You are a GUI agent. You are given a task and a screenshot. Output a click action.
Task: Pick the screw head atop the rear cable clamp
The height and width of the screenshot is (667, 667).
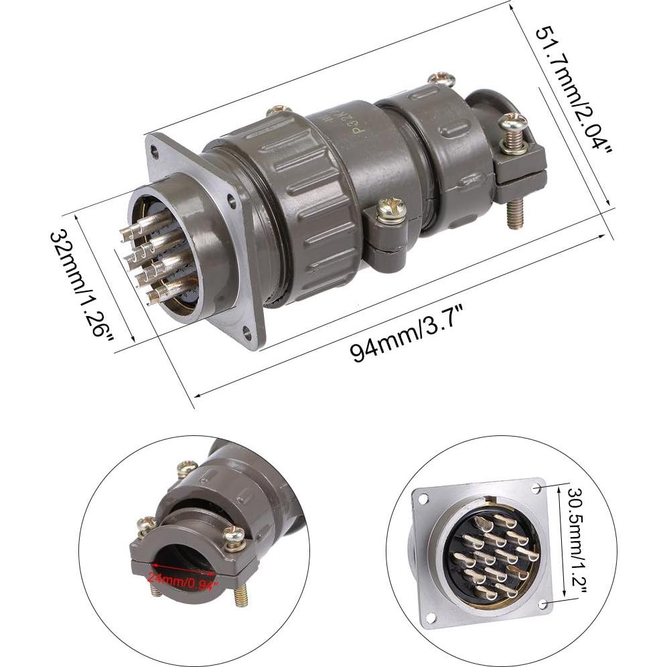click(x=512, y=123)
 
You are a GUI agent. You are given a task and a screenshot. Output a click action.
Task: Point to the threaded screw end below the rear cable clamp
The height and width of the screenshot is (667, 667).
click(x=515, y=214)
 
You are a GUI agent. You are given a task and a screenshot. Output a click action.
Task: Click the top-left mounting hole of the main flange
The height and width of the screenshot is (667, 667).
click(x=155, y=153)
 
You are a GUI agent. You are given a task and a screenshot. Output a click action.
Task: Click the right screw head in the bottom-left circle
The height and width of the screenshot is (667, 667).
click(x=234, y=534)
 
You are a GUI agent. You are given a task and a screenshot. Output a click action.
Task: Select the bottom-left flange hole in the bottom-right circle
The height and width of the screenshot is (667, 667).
click(x=431, y=617)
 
